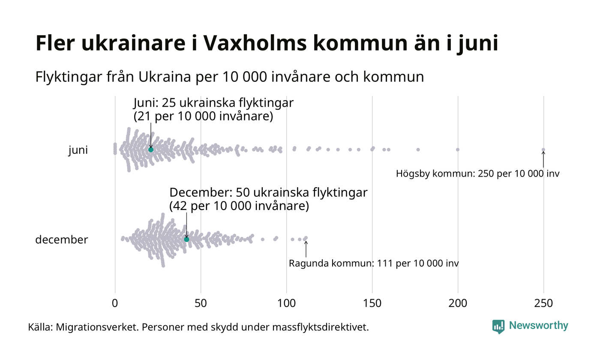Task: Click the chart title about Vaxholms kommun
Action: (267, 44)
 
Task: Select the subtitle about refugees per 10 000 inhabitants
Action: (230, 77)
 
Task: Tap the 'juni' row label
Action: (78, 150)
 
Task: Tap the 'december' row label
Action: (61, 240)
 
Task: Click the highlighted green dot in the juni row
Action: (151, 150)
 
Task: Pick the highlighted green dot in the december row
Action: (186, 239)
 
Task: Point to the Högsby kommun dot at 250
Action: (543, 150)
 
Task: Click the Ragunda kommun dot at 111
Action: (306, 238)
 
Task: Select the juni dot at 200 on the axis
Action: (458, 150)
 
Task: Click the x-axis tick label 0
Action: (115, 303)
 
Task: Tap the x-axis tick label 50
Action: (201, 303)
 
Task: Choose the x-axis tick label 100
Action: (286, 303)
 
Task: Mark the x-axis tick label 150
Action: (372, 303)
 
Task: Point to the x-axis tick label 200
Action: (458, 303)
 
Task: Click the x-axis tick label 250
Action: (543, 303)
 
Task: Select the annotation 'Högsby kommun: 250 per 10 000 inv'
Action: (478, 174)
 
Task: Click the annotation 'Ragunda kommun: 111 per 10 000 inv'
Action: (374, 263)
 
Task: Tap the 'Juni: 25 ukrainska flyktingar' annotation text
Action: (213, 103)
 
